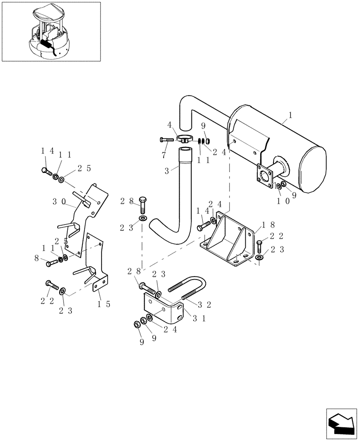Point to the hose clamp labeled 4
click(185, 139)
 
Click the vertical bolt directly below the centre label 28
click(144, 206)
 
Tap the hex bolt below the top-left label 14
click(46, 172)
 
